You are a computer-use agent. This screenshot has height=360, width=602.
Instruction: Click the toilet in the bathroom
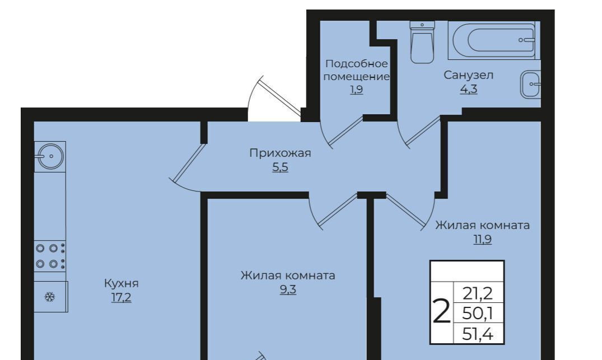click(422, 42)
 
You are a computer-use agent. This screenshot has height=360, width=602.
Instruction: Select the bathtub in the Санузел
click(494, 40)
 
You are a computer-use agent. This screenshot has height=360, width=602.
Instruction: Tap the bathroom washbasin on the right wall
click(530, 84)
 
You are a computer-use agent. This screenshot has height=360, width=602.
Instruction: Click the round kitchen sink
click(50, 156)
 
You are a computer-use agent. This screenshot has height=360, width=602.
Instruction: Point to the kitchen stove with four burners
click(50, 256)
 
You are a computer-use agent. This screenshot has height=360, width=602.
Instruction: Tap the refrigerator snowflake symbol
click(49, 297)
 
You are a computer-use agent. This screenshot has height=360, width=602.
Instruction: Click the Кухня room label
click(122, 284)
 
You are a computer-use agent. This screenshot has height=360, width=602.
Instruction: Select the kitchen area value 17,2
click(122, 297)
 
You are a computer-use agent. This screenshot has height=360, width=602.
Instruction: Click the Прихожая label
click(280, 153)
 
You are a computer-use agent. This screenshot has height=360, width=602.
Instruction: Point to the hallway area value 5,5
click(280, 167)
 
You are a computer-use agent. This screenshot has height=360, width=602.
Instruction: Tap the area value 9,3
click(288, 289)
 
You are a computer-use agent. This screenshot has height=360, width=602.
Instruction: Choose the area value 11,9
click(482, 239)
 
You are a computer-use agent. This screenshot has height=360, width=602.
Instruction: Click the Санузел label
click(468, 75)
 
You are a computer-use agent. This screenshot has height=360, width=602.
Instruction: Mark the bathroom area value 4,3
click(469, 89)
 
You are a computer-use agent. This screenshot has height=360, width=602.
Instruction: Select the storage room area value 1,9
click(356, 90)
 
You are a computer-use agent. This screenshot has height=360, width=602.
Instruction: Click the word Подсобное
click(356, 63)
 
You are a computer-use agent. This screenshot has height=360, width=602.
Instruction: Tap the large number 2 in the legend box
click(441, 312)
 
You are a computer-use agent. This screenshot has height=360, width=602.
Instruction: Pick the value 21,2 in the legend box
click(478, 293)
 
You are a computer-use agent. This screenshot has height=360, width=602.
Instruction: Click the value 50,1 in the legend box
click(478, 314)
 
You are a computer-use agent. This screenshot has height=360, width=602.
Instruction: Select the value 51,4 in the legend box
click(478, 334)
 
